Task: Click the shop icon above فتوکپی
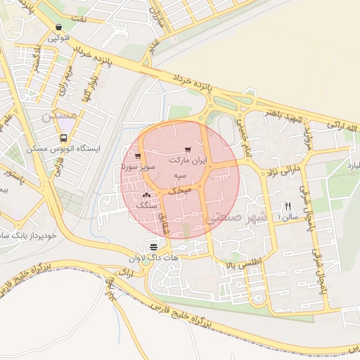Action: pos(58,27)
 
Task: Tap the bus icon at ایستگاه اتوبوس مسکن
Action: pos(64,139)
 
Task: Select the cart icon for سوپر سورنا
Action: pos(138,157)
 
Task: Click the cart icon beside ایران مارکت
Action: pos(187,150)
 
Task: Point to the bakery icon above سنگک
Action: pos(146,195)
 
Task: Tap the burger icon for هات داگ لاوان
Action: pos(153,245)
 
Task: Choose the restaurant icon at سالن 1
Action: pos(286,206)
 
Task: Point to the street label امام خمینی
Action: pos(239,130)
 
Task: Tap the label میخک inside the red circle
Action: pos(182,190)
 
